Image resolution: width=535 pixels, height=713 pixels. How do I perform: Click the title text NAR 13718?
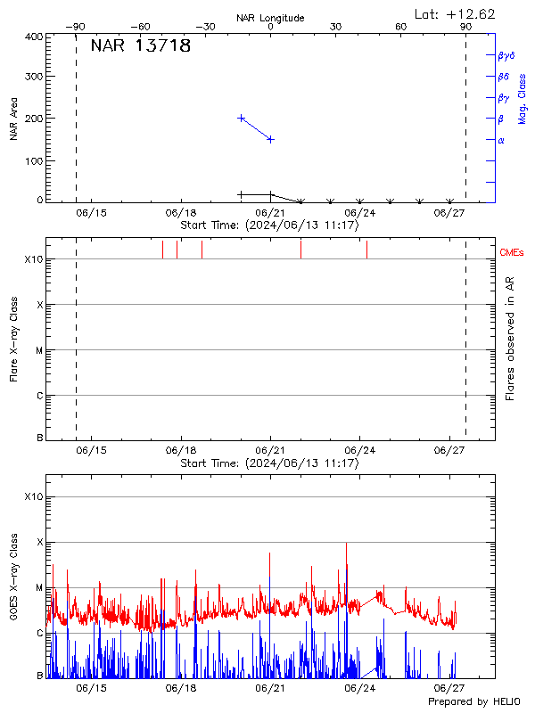coord(141,46)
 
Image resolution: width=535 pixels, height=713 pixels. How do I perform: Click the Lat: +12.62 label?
coord(456,13)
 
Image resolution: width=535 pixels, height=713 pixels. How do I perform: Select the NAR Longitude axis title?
coord(271,18)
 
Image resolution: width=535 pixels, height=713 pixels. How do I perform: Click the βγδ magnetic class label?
coord(506,55)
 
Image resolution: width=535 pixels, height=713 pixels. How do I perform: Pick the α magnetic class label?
coord(501,140)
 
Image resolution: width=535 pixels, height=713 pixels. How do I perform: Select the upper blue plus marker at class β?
coord(242,118)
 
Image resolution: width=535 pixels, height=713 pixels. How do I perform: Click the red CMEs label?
coord(513,253)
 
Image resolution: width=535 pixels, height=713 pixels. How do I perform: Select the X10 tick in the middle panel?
coord(33,259)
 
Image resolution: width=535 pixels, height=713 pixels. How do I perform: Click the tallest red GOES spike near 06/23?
coord(346,544)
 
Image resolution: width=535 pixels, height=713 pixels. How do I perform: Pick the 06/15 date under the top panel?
coord(91,213)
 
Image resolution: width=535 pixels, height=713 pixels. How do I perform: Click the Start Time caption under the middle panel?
coord(269,463)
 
